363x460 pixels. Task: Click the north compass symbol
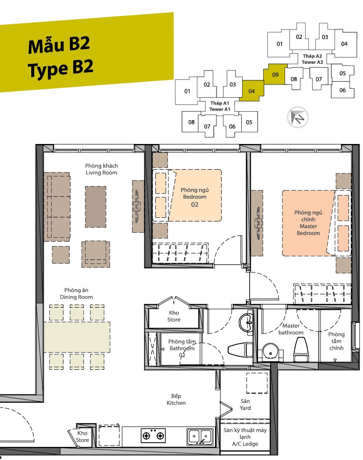(x=297, y=117)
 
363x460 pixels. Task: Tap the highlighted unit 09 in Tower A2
(x=275, y=74)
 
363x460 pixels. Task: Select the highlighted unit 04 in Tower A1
(x=251, y=91)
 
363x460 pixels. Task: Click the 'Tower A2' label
(x=312, y=62)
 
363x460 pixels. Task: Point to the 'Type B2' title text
(x=61, y=69)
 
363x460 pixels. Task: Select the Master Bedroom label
(x=308, y=223)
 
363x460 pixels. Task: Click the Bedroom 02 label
(x=195, y=197)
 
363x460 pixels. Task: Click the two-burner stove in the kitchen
(x=153, y=435)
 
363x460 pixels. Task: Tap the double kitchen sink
(x=201, y=437)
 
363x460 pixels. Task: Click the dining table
(x=77, y=337)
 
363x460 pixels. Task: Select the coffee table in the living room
(x=96, y=207)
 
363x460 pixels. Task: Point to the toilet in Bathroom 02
(x=240, y=350)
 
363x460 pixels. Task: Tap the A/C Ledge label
(x=245, y=437)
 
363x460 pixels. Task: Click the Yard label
(x=245, y=404)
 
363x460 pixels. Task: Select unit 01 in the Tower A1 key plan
(x=187, y=91)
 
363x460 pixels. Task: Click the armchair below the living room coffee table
(x=96, y=254)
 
